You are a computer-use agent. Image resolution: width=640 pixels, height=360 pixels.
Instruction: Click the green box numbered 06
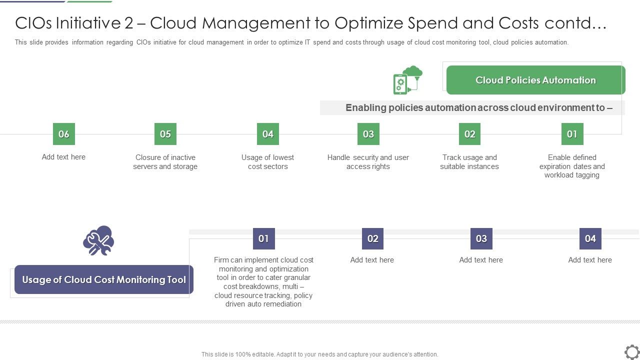pyautogui.click(x=63, y=134)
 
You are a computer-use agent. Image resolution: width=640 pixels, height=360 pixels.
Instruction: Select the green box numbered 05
pyautogui.click(x=165, y=134)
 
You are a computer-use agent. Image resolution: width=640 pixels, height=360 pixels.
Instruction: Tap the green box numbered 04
pyautogui.click(x=268, y=134)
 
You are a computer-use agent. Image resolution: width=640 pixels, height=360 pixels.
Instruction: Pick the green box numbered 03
pyautogui.click(x=368, y=134)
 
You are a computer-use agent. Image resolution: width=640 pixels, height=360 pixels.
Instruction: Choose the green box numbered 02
pyautogui.click(x=470, y=134)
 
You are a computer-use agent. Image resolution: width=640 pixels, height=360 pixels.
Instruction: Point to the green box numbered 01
pyautogui.click(x=572, y=134)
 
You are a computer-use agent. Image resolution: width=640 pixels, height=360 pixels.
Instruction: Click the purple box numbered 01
pyautogui.click(x=263, y=238)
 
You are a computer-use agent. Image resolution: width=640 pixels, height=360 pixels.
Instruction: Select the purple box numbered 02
pyautogui.click(x=372, y=238)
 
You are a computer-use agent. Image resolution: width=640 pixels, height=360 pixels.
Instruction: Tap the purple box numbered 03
pyautogui.click(x=481, y=238)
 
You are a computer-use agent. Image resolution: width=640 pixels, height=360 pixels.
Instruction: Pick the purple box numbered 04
pyautogui.click(x=590, y=238)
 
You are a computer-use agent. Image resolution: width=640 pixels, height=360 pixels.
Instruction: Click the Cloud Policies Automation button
pyautogui.click(x=535, y=80)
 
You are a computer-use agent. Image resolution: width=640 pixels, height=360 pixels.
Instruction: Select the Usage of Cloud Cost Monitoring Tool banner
pyautogui.click(x=104, y=279)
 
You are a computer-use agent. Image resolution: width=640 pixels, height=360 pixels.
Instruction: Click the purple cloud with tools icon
pyautogui.click(x=98, y=240)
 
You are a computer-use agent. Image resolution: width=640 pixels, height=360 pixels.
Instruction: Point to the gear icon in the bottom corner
pyautogui.click(x=632, y=351)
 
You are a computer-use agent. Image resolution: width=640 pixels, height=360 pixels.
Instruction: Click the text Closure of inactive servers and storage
pyautogui.click(x=165, y=162)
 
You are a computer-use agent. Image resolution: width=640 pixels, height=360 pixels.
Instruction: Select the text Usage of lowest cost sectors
pyautogui.click(x=268, y=162)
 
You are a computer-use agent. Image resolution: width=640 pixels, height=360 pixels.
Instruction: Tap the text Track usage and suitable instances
pyautogui.click(x=469, y=162)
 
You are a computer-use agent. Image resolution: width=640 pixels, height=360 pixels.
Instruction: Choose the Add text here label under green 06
pyautogui.click(x=63, y=157)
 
